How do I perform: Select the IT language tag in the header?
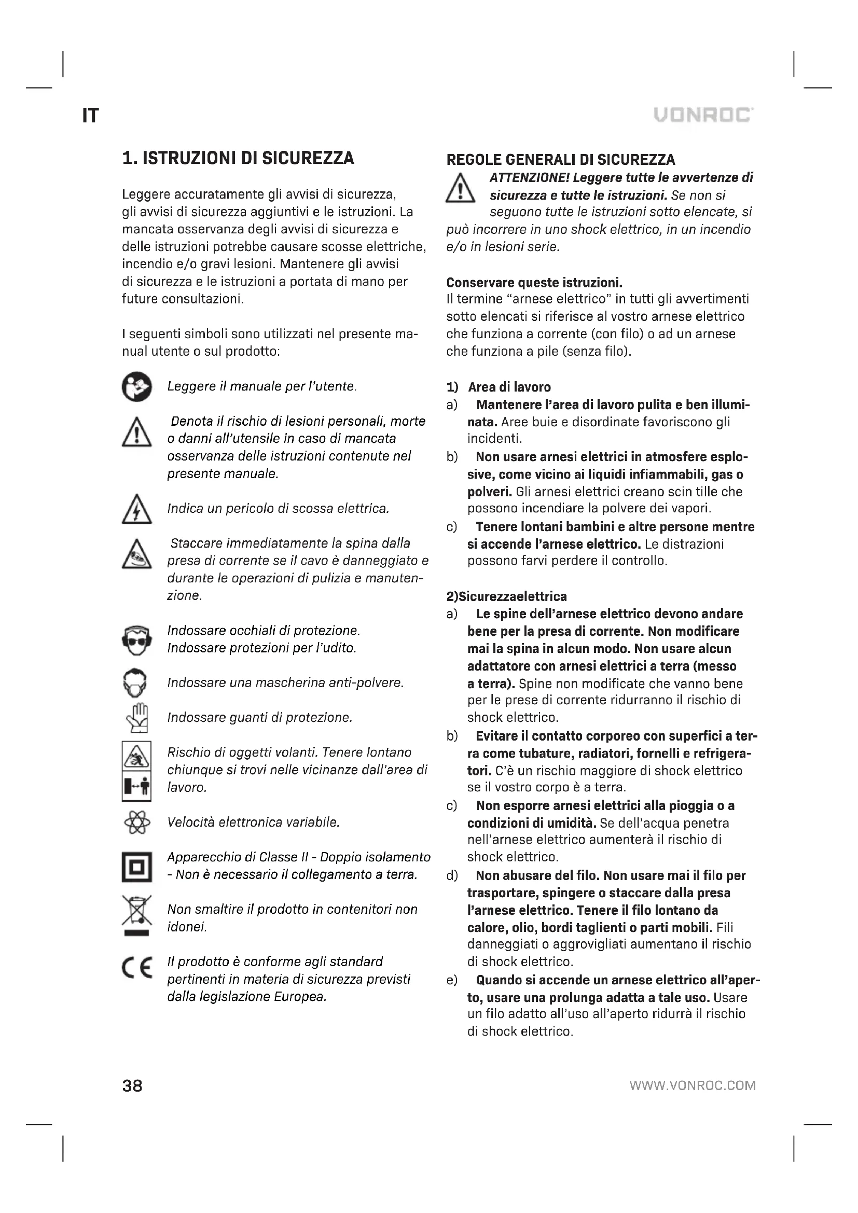click(90, 116)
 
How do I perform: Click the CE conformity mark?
click(136, 968)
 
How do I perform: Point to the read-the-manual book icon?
click(136, 387)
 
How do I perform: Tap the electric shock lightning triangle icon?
click(136, 509)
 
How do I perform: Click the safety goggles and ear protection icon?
click(136, 640)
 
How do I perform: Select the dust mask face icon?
click(136, 683)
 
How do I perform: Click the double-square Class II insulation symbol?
click(136, 867)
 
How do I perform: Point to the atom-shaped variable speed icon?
click(136, 822)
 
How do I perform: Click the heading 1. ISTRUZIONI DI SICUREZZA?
click(238, 158)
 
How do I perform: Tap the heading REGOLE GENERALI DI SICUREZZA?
click(561, 160)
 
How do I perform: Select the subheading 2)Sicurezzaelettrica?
click(506, 596)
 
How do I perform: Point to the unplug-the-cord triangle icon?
click(136, 554)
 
